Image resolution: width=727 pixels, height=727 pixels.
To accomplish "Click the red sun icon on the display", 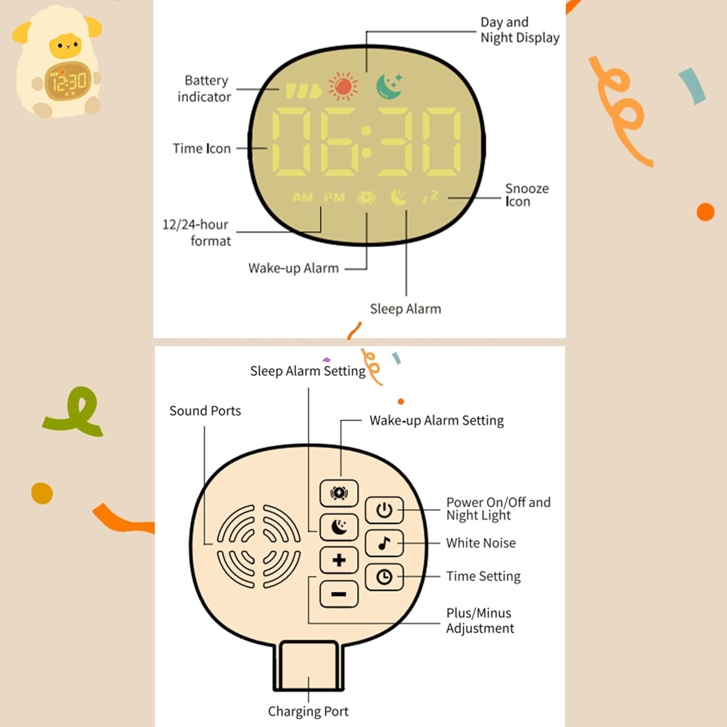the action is point(343,86).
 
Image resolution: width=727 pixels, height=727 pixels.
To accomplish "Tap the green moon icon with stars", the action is point(390,86).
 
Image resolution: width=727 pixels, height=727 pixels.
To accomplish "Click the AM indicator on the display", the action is point(302,197).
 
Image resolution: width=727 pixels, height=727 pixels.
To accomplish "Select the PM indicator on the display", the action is point(334,197).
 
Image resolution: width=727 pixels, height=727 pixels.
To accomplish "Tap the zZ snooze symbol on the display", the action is point(430,197).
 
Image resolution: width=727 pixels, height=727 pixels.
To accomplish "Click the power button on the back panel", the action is point(384,510).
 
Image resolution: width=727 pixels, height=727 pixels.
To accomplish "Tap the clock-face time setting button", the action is point(384,577).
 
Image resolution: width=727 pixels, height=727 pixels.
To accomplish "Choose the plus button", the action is point(339,560).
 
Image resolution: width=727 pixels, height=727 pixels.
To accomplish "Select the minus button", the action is point(339,594).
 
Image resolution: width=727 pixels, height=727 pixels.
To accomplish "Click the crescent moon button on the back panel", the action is point(339,527).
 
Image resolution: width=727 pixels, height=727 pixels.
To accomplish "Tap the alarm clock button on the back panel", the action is point(339,493).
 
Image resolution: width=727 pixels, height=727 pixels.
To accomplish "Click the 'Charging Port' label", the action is point(308,711).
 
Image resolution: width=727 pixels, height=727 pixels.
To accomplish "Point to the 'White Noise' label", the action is point(481,543).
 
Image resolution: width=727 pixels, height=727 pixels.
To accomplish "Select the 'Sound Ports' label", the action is point(205,411).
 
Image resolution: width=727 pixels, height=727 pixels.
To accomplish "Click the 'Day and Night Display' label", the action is point(520,30).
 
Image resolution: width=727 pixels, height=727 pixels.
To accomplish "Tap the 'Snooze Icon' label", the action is point(527,195).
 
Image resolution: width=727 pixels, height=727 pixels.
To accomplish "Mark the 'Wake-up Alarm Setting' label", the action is point(436,420).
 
